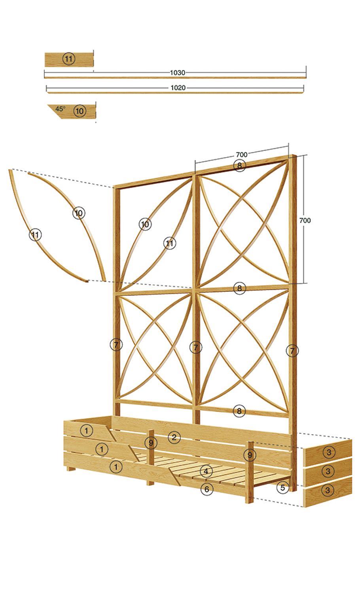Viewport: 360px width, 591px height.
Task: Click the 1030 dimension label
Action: [x=178, y=73]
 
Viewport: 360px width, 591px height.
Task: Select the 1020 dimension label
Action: [x=178, y=88]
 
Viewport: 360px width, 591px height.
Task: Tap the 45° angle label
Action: [x=60, y=108]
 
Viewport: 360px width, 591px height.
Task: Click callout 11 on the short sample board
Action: [x=68, y=59]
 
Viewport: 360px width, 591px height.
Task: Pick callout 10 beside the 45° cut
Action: [x=80, y=111]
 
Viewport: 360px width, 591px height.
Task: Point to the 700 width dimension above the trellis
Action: [x=242, y=154]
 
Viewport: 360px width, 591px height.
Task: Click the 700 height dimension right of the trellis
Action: [x=305, y=220]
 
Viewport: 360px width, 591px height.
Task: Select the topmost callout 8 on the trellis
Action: [x=239, y=166]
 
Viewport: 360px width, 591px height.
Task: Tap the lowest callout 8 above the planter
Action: [x=239, y=411]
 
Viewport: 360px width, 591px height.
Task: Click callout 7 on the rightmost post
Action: [x=292, y=351]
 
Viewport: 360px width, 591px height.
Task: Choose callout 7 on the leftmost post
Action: [x=116, y=345]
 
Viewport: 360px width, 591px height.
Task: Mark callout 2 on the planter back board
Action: [x=174, y=437]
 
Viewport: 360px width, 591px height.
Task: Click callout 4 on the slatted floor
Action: [x=206, y=471]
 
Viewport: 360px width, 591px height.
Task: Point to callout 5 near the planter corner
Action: [x=282, y=488]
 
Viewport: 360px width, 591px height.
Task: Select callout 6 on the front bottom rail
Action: [x=207, y=489]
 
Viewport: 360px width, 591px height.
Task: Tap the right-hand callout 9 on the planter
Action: [x=250, y=455]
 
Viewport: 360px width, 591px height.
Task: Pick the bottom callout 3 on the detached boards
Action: [x=327, y=490]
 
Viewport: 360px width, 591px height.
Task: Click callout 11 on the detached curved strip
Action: [x=35, y=235]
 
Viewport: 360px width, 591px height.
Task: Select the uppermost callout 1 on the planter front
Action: [x=87, y=430]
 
